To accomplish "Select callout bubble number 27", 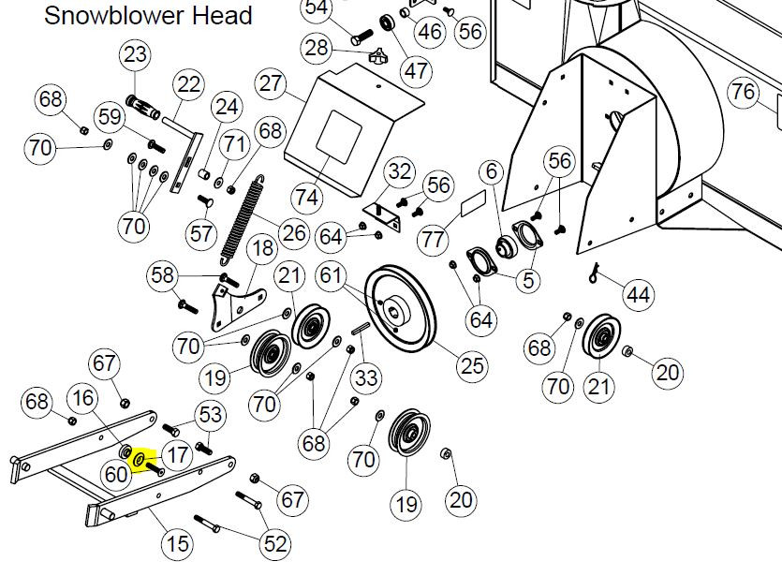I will pyautogui.click(x=271, y=84).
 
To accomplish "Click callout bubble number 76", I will pyautogui.click(x=743, y=92).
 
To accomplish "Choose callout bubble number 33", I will pyautogui.click(x=367, y=378).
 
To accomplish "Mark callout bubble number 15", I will pyautogui.click(x=177, y=542).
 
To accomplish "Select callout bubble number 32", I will pyautogui.click(x=400, y=172).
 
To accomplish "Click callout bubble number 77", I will pyautogui.click(x=433, y=240).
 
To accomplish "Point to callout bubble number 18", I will pyautogui.click(x=262, y=249).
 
